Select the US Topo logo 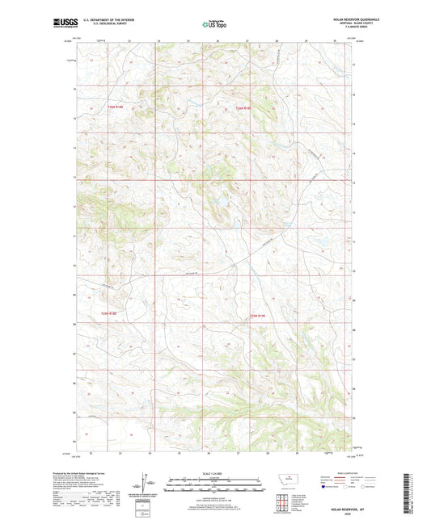pos(214,23)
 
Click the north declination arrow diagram pos(150,482)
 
